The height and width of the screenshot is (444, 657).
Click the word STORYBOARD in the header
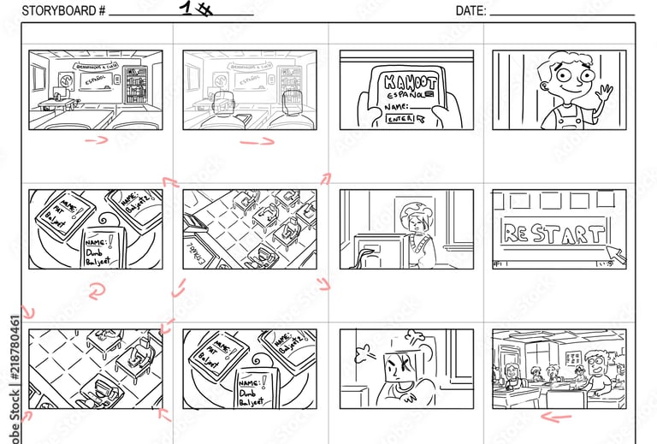[54, 10]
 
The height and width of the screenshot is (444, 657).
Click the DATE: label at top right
[471, 10]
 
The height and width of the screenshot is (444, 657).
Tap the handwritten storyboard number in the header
[196, 9]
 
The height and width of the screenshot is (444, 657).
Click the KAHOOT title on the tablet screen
[405, 82]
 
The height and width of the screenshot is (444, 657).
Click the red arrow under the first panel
[97, 140]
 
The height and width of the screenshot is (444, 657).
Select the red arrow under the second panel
[256, 141]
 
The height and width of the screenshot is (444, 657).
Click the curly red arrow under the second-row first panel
[96, 293]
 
